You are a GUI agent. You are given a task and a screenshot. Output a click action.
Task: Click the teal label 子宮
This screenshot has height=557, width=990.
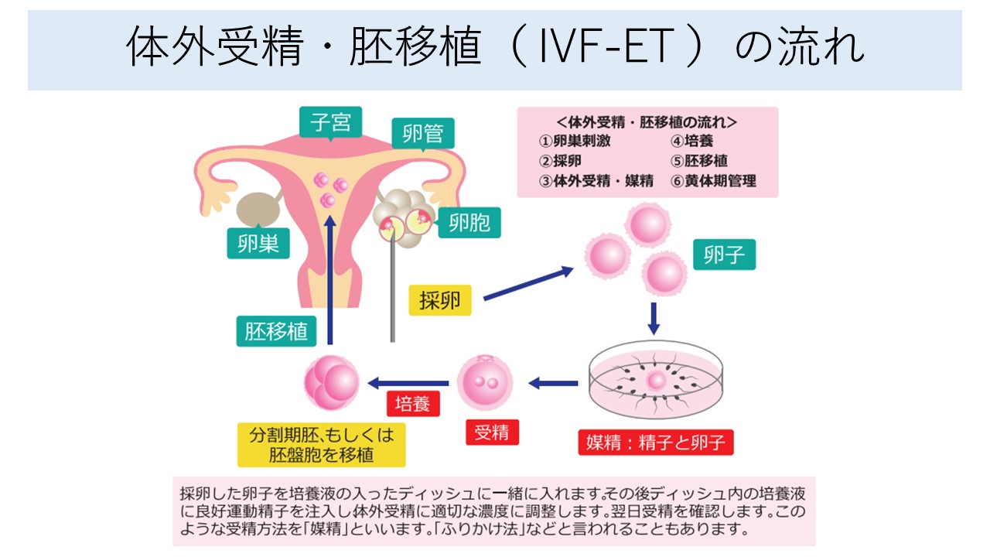click(332, 122)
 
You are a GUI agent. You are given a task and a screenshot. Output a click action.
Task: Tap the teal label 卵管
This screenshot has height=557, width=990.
click(422, 133)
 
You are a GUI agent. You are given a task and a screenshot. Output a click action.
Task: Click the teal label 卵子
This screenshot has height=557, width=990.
click(724, 255)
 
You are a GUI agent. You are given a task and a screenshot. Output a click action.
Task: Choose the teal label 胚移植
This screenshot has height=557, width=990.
click(276, 331)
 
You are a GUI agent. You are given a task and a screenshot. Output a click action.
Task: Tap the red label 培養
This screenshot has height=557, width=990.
click(413, 404)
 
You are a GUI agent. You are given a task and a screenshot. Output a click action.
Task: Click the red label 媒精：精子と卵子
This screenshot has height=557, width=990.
click(655, 443)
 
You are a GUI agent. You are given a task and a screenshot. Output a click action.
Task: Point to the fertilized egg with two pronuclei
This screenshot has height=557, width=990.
click(485, 381)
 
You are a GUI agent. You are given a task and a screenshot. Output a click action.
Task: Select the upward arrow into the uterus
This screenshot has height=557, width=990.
click(330, 279)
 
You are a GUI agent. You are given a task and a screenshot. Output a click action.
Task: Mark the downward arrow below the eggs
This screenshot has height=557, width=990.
click(654, 317)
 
